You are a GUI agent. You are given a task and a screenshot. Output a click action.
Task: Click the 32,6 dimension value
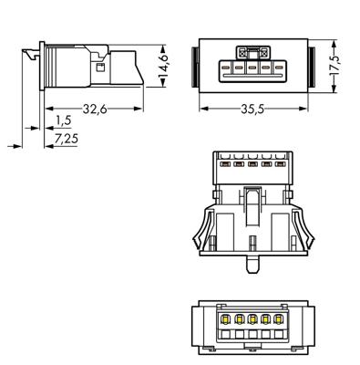pyautogui.click(x=95, y=109)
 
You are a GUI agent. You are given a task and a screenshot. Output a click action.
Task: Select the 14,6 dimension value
pyautogui.click(x=164, y=66)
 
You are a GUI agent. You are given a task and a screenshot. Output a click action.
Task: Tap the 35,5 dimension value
pyautogui.click(x=252, y=109)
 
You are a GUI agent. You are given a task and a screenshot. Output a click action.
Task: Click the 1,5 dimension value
pyautogui.click(x=64, y=120)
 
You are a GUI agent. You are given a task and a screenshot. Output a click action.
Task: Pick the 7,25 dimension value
pyautogui.click(x=67, y=139)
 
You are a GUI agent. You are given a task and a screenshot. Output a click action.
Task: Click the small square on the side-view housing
pyautogui.click(x=100, y=68)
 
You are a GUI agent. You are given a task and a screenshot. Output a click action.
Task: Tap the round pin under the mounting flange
pyautogui.click(x=252, y=264)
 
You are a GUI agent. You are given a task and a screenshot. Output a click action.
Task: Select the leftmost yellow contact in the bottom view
pyautogui.click(x=225, y=319)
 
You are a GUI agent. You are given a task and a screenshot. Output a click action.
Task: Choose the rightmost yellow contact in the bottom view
pyautogui.click(x=278, y=319)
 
